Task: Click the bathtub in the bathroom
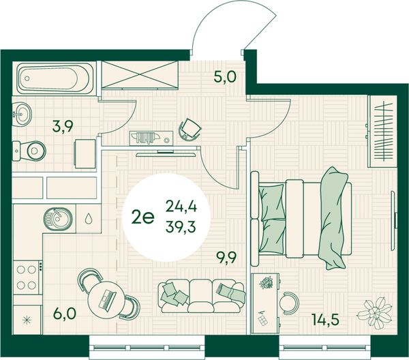55,78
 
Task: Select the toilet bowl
29,151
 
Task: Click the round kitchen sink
58,219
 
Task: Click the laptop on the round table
107,299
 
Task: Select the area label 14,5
326,320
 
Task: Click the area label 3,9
63,127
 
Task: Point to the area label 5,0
225,76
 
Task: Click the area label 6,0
65,314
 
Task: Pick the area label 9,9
226,258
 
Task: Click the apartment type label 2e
143,217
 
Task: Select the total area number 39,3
181,228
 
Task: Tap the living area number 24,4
181,207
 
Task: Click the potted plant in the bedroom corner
374,312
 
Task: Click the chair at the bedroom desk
289,303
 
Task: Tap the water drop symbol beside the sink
88,219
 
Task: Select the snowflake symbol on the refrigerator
27,320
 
